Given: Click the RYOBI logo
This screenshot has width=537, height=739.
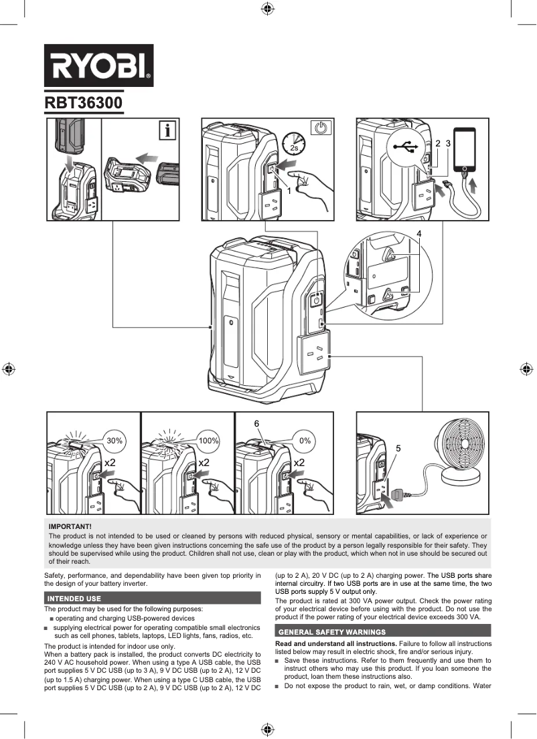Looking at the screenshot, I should [x=98, y=66].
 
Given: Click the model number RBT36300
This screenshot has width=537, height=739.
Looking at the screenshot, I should [x=83, y=104].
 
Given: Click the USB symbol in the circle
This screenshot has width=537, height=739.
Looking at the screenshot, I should [x=406, y=146].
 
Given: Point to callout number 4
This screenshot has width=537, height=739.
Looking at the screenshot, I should [x=418, y=233].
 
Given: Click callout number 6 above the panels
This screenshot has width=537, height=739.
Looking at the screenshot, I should [x=256, y=424].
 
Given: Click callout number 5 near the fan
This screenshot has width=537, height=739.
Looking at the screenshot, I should [x=398, y=447].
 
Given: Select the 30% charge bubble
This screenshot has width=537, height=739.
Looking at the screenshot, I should [x=114, y=441].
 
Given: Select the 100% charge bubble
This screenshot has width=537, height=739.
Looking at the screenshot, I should [x=209, y=441].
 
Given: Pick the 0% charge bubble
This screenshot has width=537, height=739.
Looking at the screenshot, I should [x=305, y=441].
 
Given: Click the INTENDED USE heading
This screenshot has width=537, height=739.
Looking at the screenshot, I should [x=73, y=598].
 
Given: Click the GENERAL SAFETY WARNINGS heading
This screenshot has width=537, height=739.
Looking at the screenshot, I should [x=332, y=631].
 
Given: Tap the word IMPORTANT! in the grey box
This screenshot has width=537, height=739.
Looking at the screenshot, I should [x=70, y=527].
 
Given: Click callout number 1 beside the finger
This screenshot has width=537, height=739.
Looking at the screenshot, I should [x=289, y=191].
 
